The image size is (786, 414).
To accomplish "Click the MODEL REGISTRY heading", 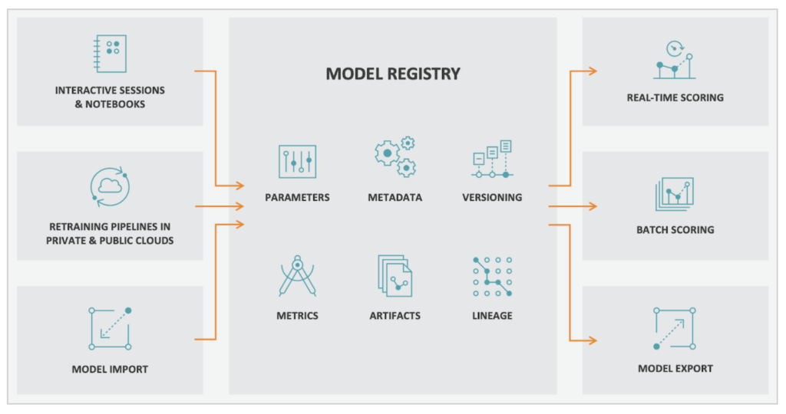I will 393,74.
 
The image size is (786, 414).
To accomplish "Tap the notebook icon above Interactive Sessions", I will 110,54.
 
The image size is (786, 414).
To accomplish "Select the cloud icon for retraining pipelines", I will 110,187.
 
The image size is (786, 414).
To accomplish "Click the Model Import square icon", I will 110,328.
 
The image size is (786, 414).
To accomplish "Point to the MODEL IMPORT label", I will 110,370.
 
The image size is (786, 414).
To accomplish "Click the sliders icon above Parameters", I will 297,161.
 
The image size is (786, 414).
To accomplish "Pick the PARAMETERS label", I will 297,198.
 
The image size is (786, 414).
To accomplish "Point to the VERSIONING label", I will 491,198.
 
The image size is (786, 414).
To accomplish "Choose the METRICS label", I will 297,316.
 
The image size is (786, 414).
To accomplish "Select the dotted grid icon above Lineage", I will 491,277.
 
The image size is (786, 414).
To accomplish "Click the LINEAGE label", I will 491,316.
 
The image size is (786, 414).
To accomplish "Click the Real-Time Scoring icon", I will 675,61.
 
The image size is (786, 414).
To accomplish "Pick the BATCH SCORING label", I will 675,230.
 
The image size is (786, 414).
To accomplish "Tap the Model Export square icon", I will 675,328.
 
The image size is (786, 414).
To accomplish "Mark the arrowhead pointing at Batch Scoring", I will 592,206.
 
